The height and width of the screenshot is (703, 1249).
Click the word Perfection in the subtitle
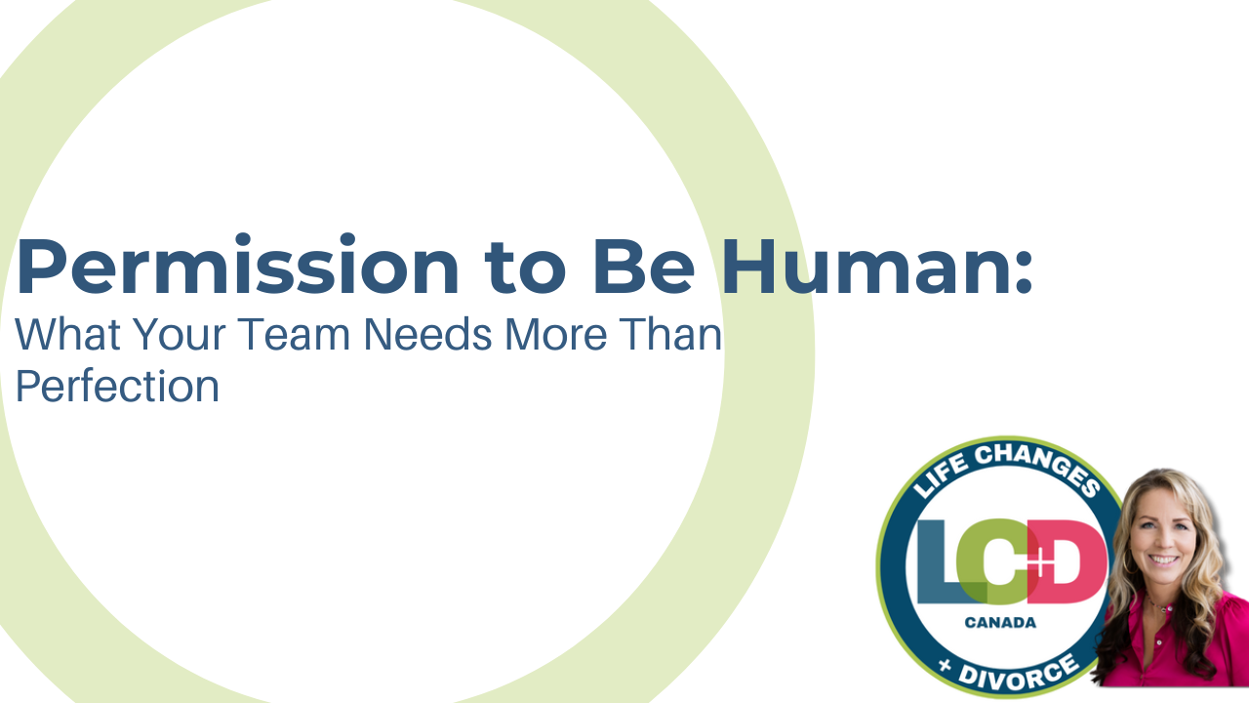(117, 387)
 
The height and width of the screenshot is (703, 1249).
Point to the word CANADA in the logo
(999, 623)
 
